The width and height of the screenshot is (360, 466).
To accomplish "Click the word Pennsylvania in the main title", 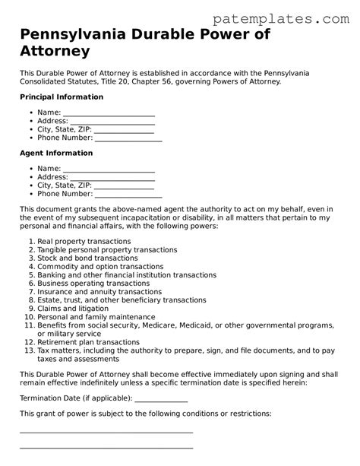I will coord(69,35).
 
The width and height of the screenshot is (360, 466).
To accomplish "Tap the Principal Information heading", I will coord(61,97).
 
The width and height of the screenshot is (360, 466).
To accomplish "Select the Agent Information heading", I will coord(56,153).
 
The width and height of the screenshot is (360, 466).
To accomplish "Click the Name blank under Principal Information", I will coord(109,113).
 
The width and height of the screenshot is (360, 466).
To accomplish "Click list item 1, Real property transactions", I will coord(84,241).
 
